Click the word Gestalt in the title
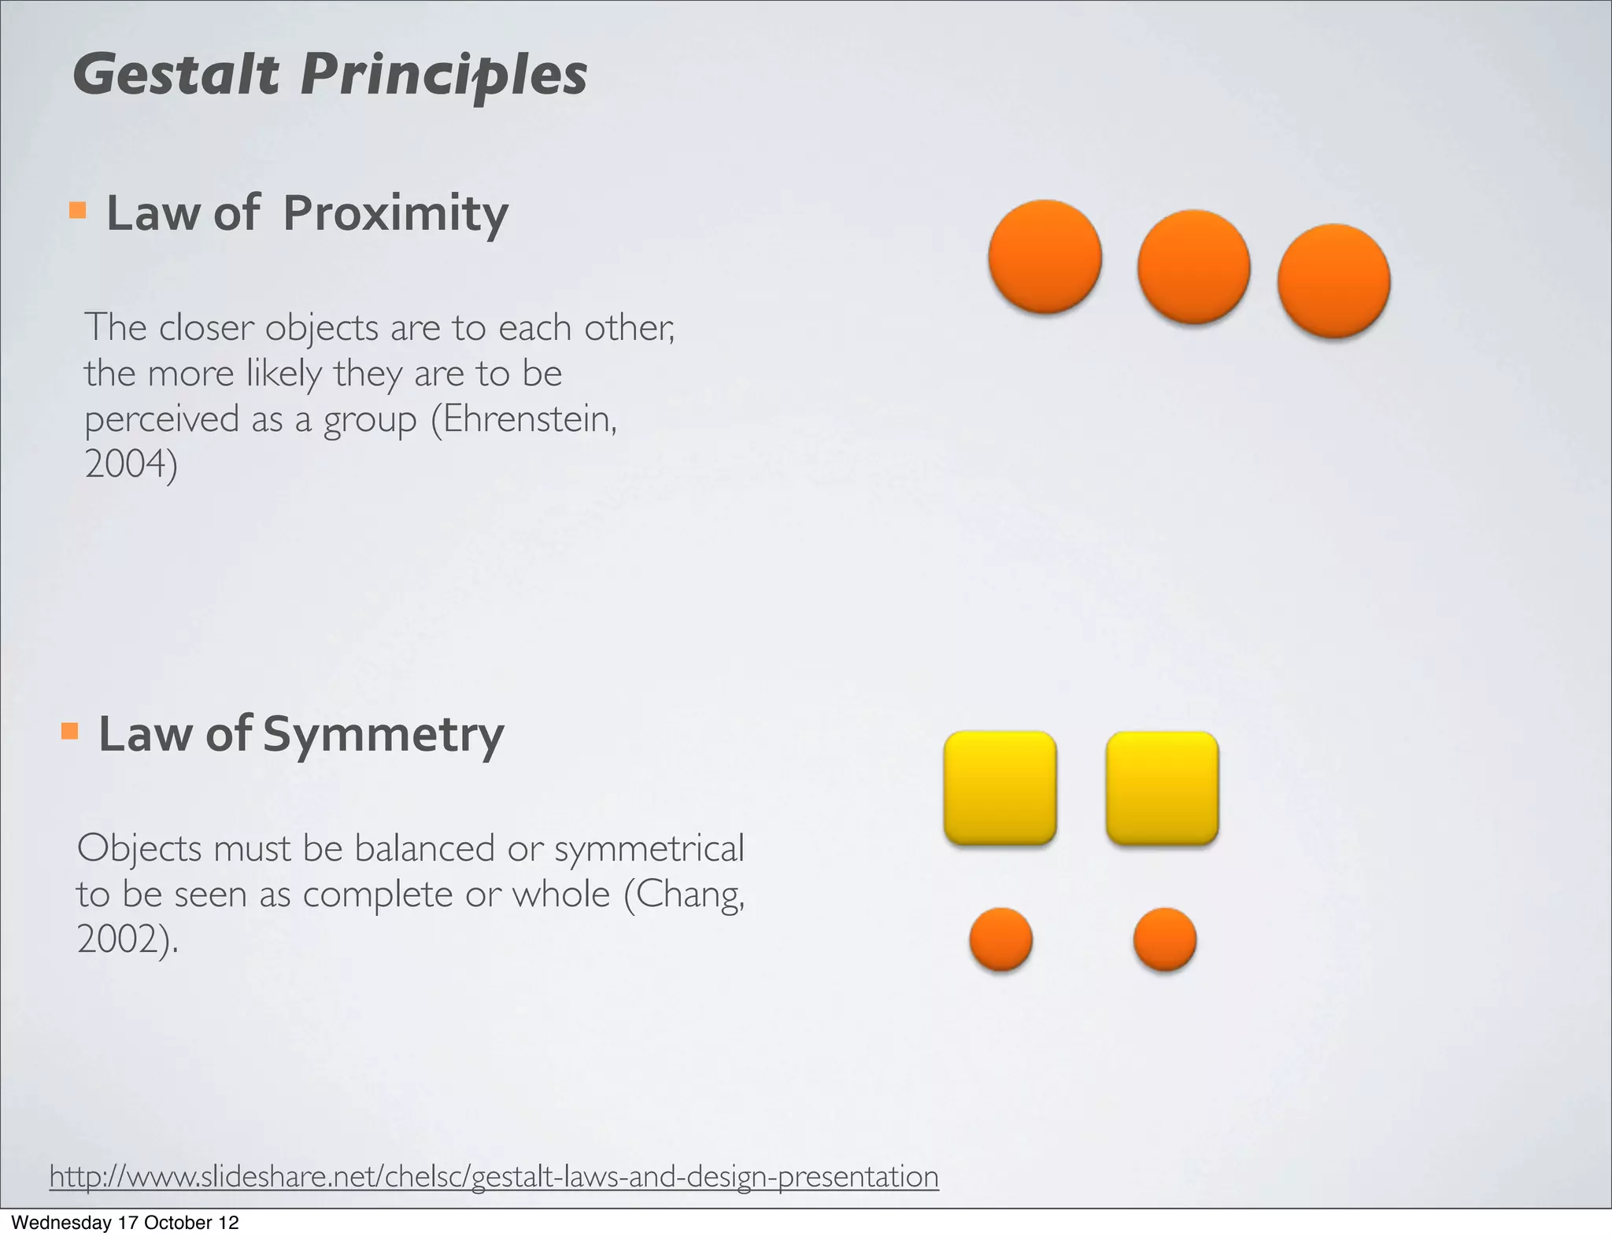[176, 76]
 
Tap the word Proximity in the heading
[395, 213]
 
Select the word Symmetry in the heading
[383, 734]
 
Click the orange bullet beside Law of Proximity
[77, 209]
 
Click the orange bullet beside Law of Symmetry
[69, 731]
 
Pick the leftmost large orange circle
[1044, 256]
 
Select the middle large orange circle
[1193, 267]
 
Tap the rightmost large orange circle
[1333, 281]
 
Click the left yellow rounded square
[1000, 788]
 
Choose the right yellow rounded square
[1162, 788]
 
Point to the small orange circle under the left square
[1000, 939]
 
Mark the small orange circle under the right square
[1164, 939]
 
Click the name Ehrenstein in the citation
[528, 419]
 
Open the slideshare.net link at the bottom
[494, 1176]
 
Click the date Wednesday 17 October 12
[124, 1223]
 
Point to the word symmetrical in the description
[649, 849]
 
